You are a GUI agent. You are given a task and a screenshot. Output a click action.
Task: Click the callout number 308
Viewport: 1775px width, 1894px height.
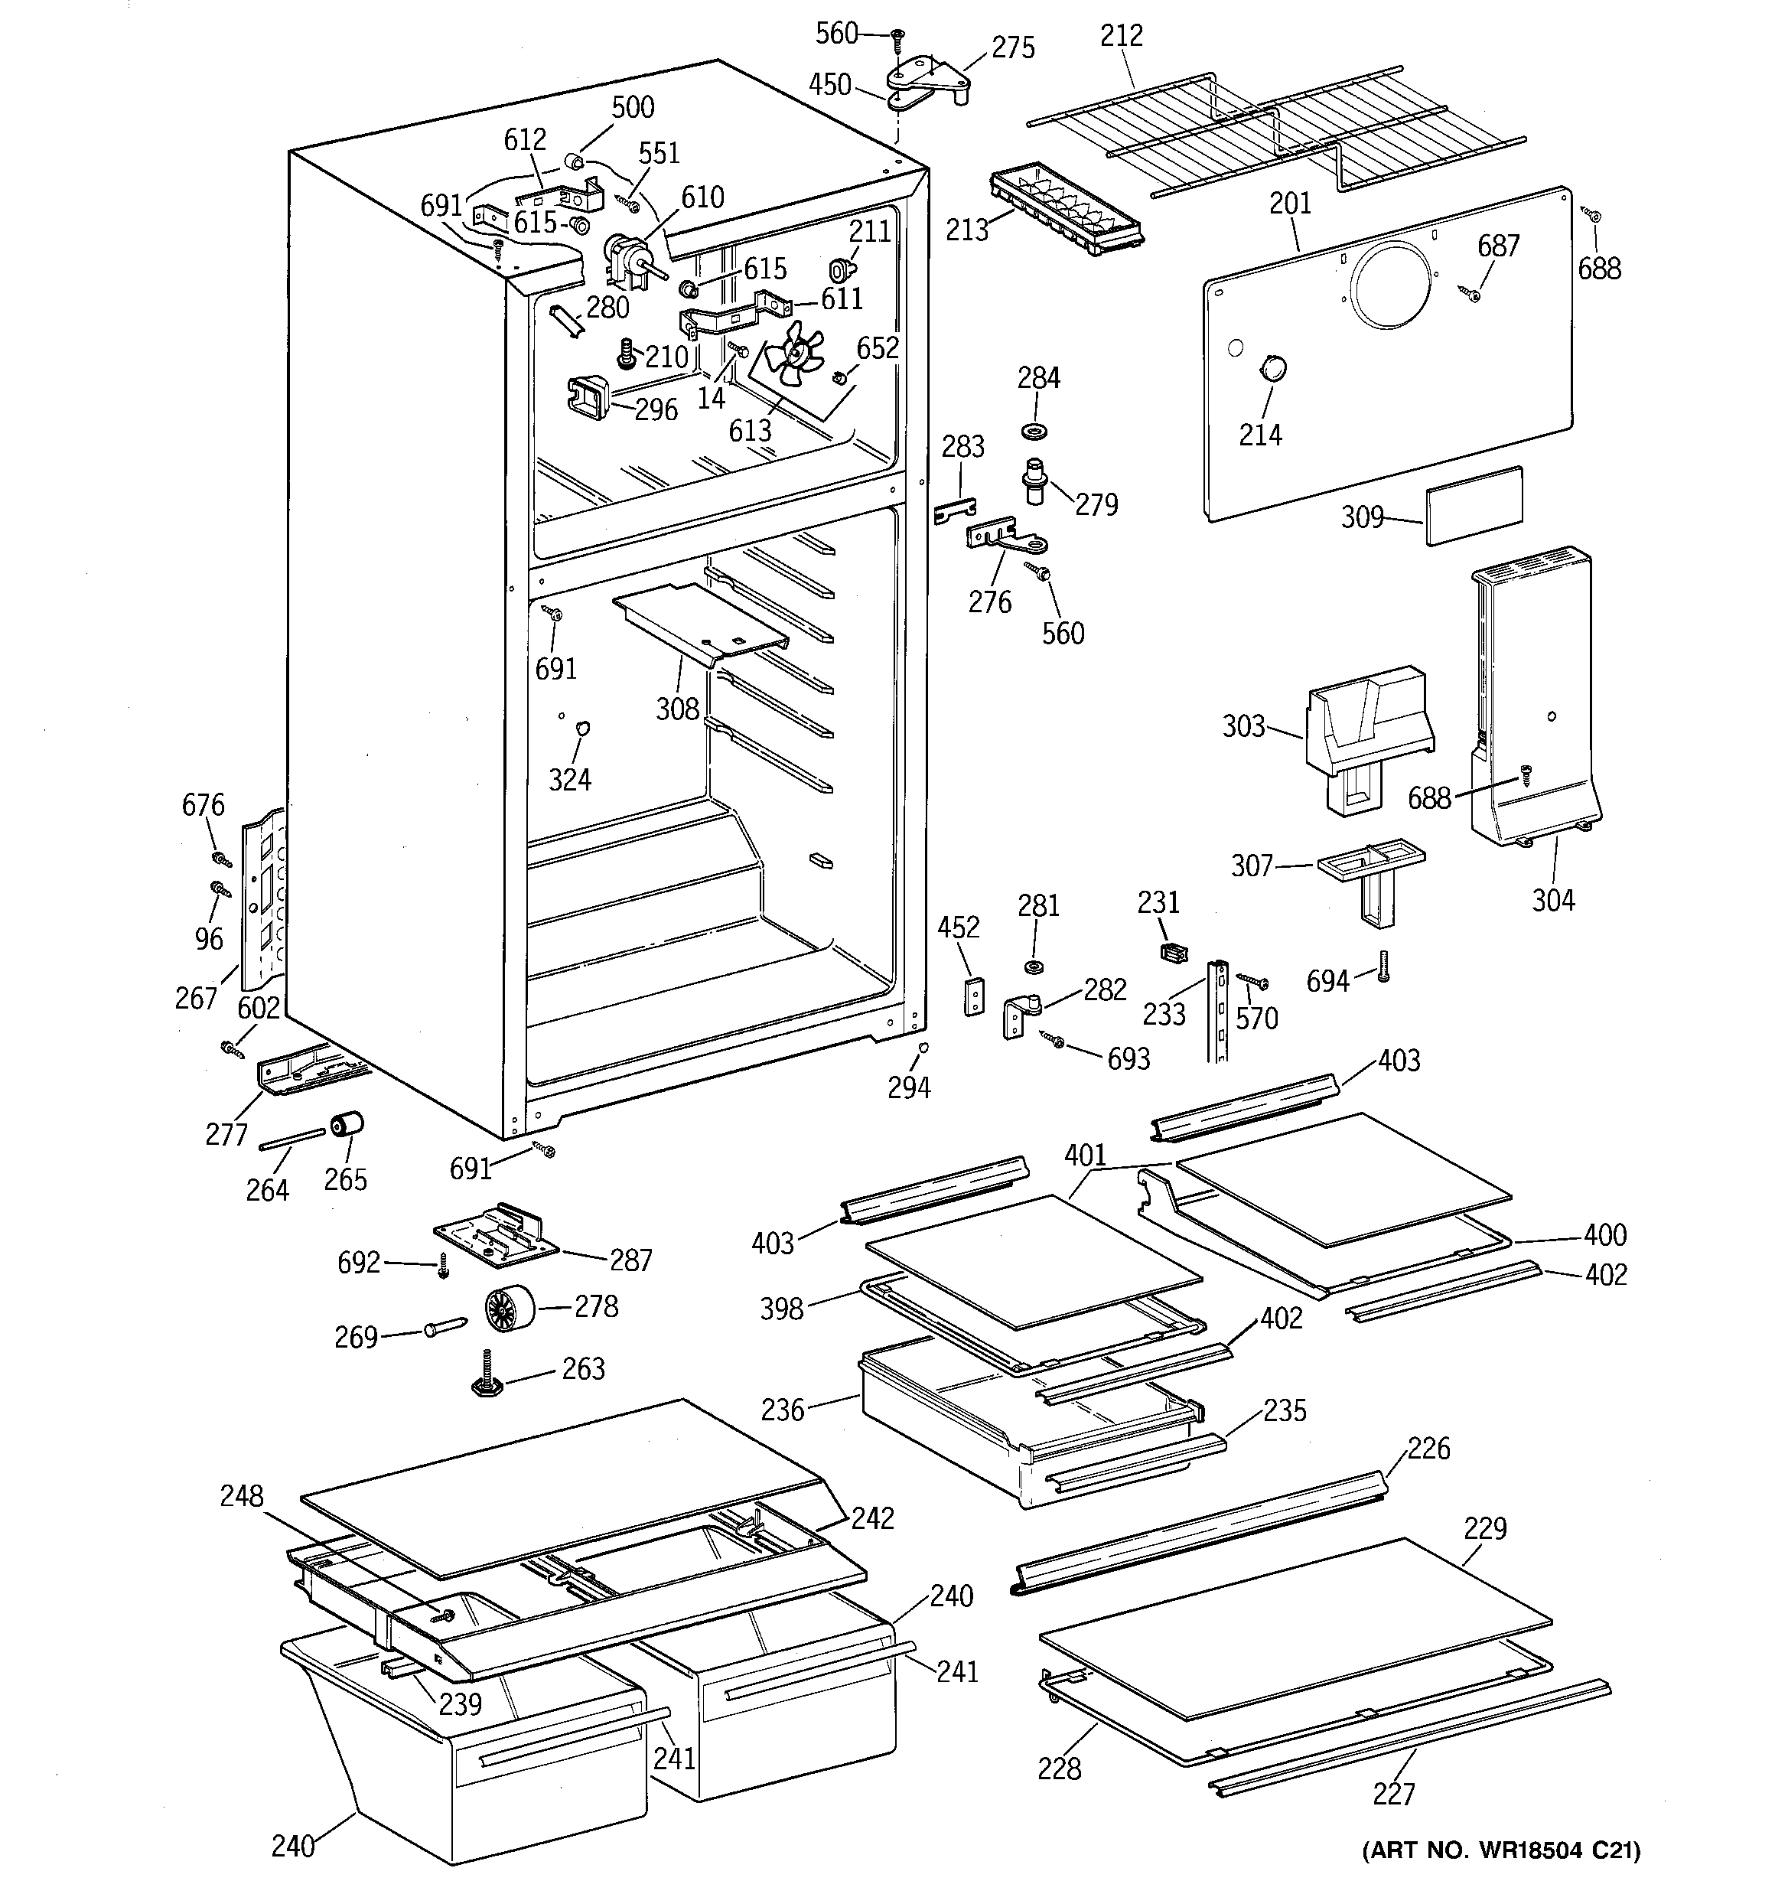click(677, 709)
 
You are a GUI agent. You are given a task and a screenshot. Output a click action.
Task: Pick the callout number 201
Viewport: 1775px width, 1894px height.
click(1290, 203)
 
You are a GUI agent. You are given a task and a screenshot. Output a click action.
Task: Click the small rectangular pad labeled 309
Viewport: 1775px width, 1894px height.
click(1474, 505)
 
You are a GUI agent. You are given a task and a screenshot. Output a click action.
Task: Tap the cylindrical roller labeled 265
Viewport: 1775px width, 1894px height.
click(347, 1125)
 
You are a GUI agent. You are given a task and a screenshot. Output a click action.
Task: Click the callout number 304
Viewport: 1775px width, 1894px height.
click(1553, 899)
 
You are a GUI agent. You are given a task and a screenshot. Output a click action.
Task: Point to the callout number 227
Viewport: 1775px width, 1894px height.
click(1394, 1794)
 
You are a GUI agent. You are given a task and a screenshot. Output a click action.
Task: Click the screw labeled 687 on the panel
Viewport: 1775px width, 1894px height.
click(1472, 295)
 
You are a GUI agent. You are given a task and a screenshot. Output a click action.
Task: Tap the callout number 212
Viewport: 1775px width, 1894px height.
click(1122, 35)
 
